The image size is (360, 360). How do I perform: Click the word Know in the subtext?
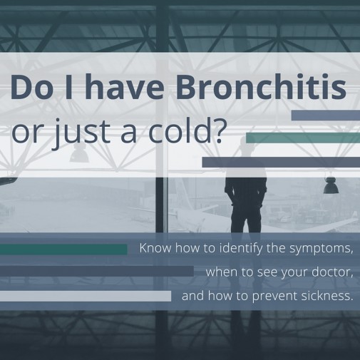(x=155, y=250)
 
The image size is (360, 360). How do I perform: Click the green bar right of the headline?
(x=302, y=138)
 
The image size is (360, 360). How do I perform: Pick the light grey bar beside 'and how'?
(x=86, y=295)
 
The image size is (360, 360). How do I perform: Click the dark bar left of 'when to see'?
(x=96, y=272)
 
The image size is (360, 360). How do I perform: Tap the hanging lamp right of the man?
(x=330, y=187)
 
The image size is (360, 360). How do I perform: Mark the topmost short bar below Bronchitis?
(x=325, y=115)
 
